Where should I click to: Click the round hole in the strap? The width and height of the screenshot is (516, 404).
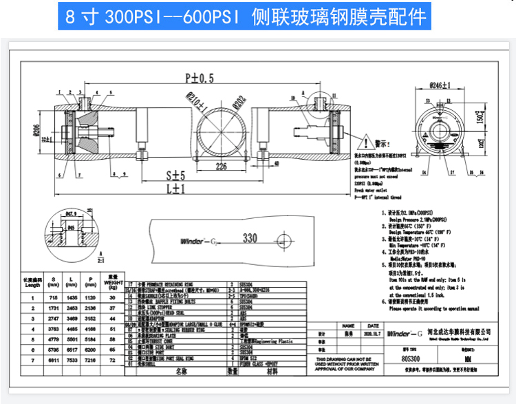pos(284,240)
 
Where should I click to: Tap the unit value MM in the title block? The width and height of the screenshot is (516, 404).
pos(467,359)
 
